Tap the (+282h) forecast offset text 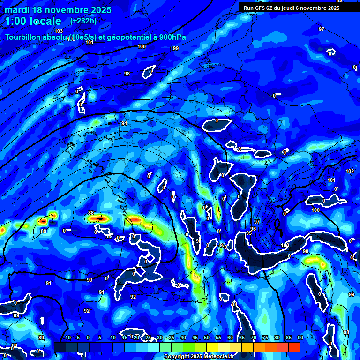83,21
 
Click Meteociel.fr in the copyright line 224,357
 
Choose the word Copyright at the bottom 177,357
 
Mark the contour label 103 59,31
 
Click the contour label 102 350,171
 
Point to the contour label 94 124,123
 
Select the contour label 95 249,233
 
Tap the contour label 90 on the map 90,280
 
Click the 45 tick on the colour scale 195,337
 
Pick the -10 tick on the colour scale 67,337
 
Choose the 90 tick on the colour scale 300,337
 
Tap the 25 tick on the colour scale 148,337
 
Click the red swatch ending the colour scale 294,347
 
